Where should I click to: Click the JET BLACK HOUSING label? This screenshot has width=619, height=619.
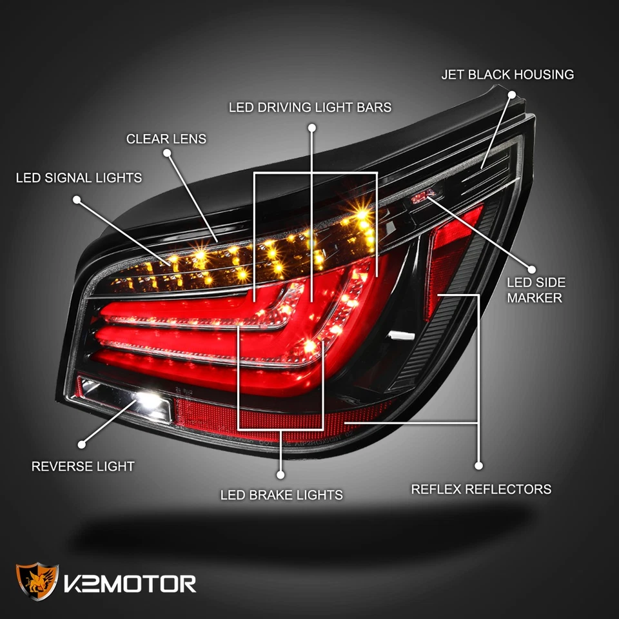[507, 75]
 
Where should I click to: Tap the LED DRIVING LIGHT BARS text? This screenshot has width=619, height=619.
[310, 107]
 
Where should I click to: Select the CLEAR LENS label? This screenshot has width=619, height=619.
[166, 139]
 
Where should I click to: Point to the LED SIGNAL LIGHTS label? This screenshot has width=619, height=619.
[79, 177]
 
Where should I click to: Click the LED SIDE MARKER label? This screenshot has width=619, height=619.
[536, 290]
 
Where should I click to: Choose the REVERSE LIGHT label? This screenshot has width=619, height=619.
[83, 466]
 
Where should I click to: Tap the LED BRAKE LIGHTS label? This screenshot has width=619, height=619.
[281, 495]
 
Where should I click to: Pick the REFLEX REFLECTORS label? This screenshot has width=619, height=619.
[481, 489]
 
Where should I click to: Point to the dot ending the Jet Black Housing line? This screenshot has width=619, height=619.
[512, 94]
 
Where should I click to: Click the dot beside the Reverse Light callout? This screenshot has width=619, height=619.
[82, 444]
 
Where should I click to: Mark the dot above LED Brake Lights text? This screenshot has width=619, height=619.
[280, 475]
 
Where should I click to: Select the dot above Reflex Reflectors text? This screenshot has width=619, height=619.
[478, 465]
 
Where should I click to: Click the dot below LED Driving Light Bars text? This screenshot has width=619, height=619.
[312, 128]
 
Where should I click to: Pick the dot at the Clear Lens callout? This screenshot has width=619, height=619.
[167, 153]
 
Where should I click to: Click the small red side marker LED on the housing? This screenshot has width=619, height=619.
[422, 196]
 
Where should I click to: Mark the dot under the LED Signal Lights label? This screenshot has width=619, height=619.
[77, 200]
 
